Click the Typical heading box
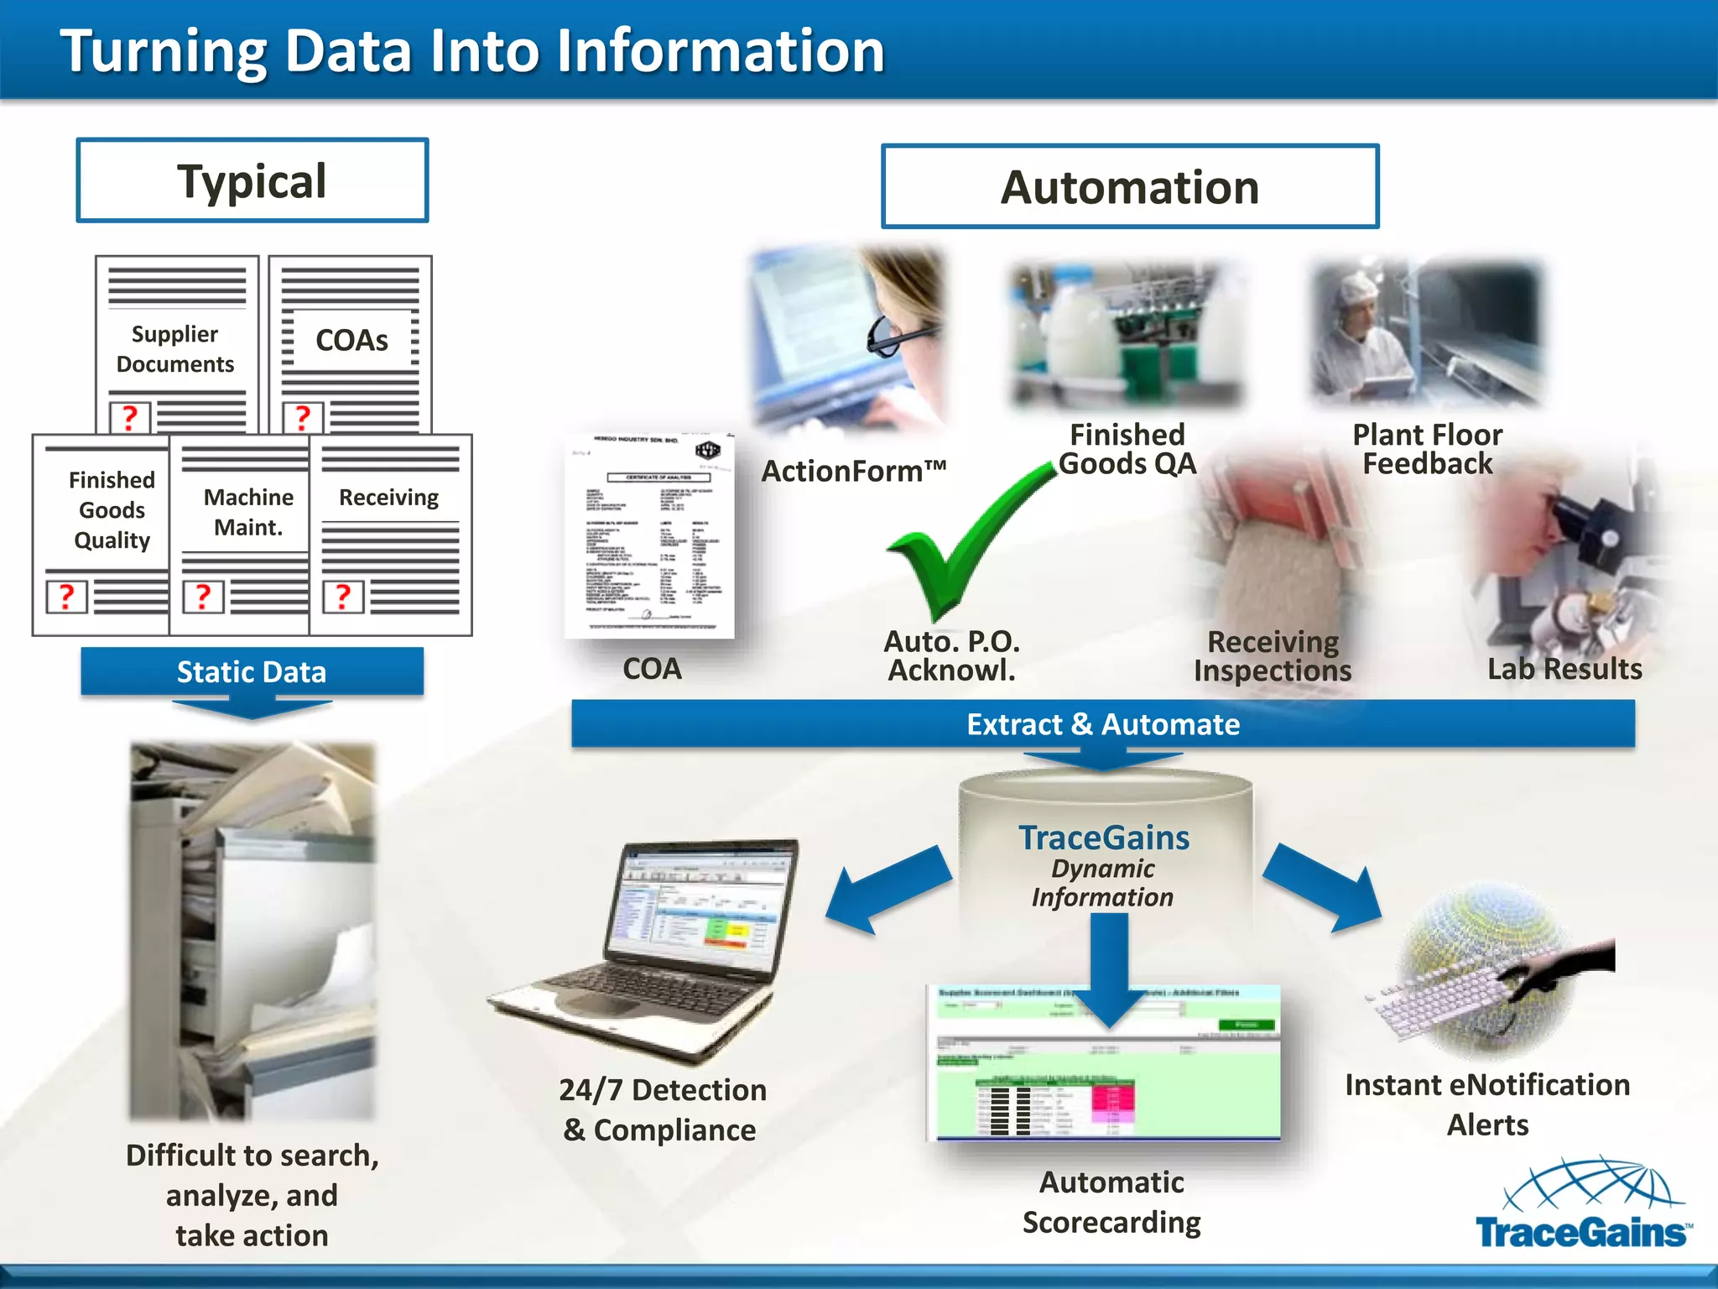pyautogui.click(x=252, y=180)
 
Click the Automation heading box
pyautogui.click(x=1129, y=186)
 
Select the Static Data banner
pyautogui.click(x=252, y=671)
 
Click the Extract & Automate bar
pyautogui.click(x=1102, y=723)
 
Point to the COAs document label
pyautogui.click(x=351, y=340)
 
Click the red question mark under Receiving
pyautogui.click(x=343, y=596)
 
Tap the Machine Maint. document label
pyautogui.click(x=248, y=512)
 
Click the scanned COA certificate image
pyautogui.click(x=649, y=537)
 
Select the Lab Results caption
pyautogui.click(x=1564, y=669)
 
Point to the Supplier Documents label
pyautogui.click(x=174, y=349)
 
